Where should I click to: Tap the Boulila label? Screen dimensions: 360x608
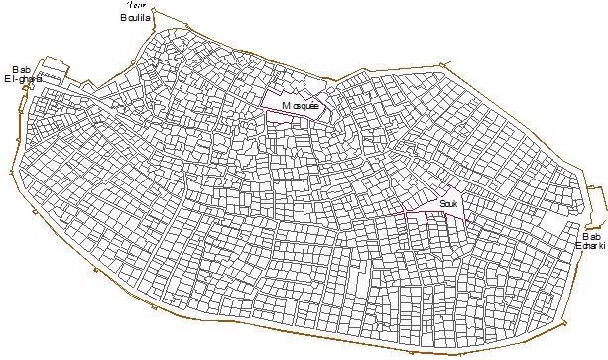pyautogui.click(x=134, y=17)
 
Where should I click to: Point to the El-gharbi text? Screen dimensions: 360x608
pyautogui.click(x=23, y=79)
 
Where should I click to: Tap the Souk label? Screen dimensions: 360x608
pyautogui.click(x=447, y=204)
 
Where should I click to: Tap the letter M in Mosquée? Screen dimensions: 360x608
pyautogui.click(x=286, y=104)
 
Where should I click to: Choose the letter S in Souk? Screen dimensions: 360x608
pyautogui.click(x=440, y=204)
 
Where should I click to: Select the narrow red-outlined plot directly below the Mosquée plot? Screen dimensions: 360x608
pyautogui.click(x=295, y=117)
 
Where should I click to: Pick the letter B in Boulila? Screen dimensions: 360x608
pyautogui.click(x=122, y=17)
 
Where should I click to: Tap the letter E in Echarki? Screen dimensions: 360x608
pyautogui.click(x=577, y=246)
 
